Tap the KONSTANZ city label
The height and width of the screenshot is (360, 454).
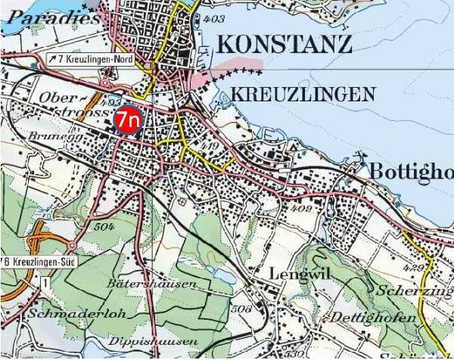(284, 45)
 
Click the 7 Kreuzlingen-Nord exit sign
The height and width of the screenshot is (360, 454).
(92, 59)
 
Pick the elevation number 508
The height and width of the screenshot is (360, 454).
(241, 309)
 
